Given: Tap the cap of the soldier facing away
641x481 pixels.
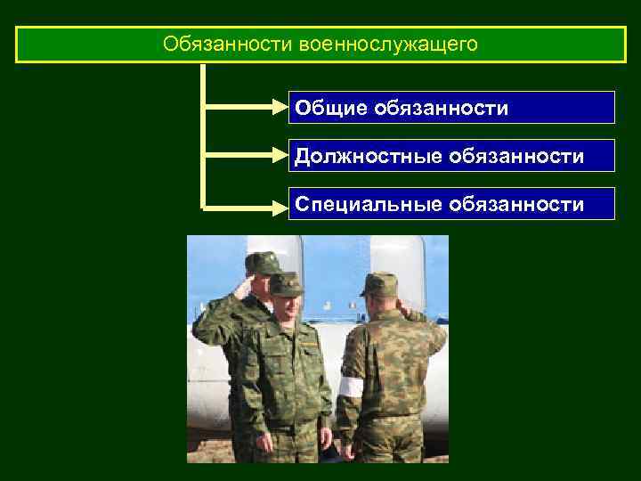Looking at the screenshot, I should tap(379, 283).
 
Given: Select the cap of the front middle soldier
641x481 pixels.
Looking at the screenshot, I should tap(286, 284).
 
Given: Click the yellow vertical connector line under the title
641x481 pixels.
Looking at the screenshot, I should tap(204, 134).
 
